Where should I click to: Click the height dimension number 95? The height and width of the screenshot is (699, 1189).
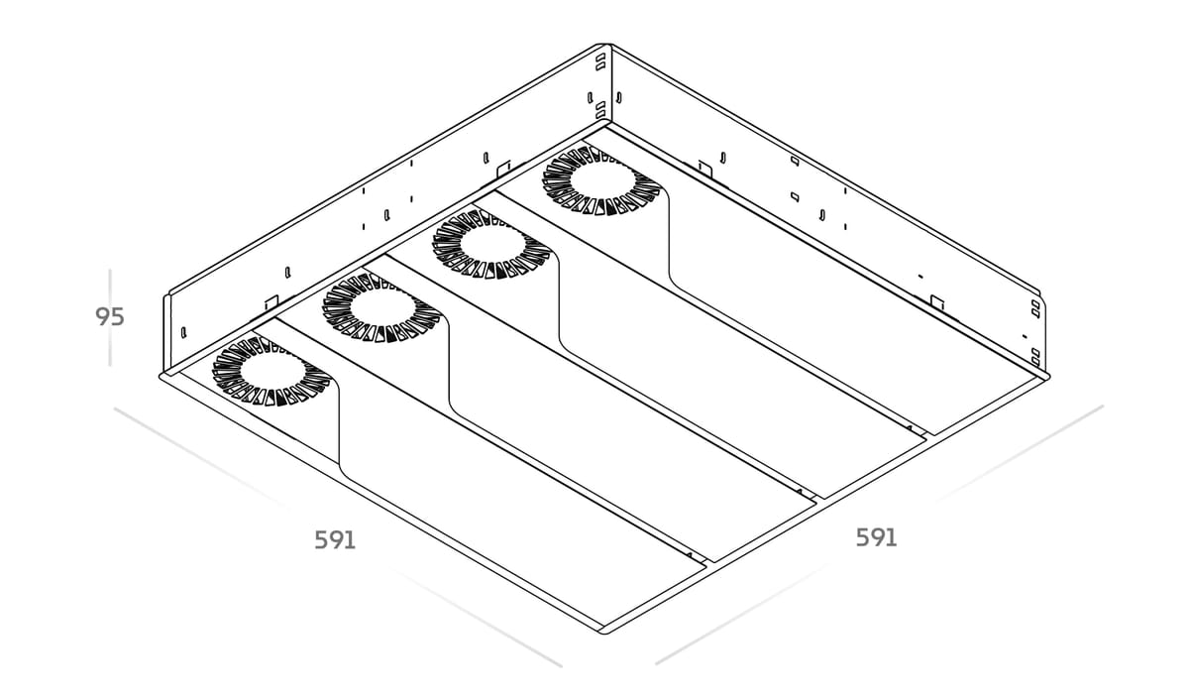pos(109,316)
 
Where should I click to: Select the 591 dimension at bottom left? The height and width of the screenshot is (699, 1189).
pos(335,540)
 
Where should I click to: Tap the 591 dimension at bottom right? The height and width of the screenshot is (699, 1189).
pos(876,538)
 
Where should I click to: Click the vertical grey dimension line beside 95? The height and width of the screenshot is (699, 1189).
pos(110,317)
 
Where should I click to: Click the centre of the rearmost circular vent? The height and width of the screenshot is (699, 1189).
pos(600,180)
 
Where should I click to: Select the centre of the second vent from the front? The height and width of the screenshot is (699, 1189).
pos(381,307)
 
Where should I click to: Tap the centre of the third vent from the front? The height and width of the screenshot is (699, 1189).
pos(491,244)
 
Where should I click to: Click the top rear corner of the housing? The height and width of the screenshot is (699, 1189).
pos(604,45)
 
